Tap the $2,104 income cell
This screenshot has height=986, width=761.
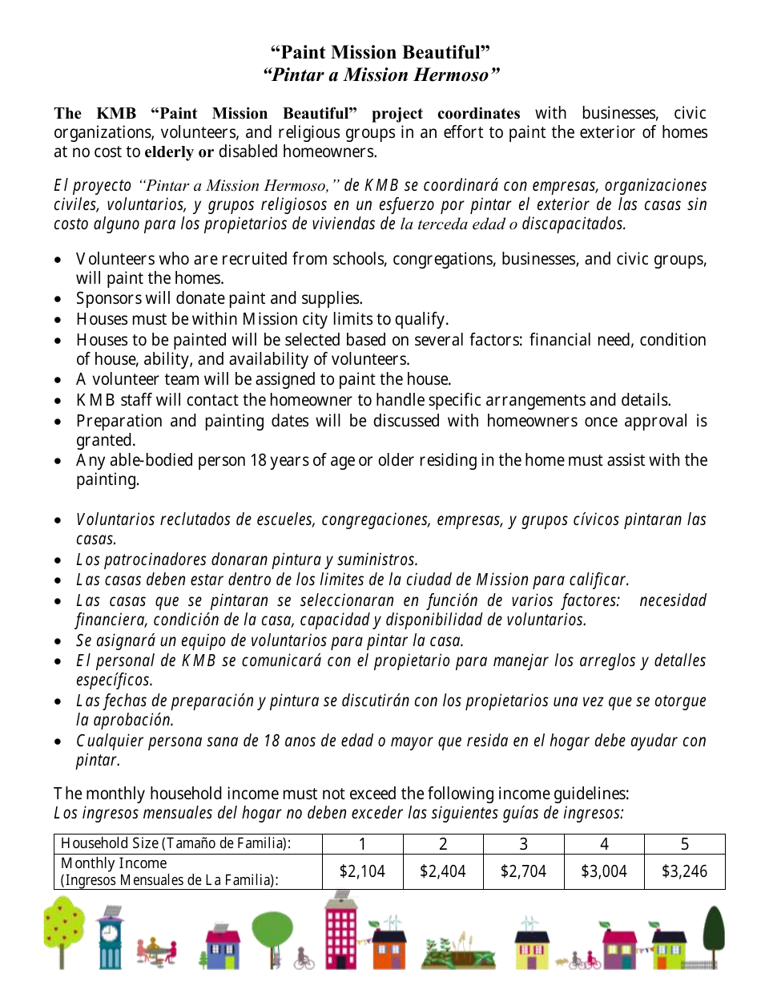[x=362, y=871]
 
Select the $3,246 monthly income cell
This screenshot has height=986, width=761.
[x=684, y=871]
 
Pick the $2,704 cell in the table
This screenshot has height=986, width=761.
[x=523, y=871]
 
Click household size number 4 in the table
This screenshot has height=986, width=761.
[x=604, y=844]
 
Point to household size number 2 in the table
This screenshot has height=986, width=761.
[x=443, y=844]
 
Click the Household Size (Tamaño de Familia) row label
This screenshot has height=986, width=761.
[x=175, y=843]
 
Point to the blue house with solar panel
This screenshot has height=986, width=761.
[x=223, y=948]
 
